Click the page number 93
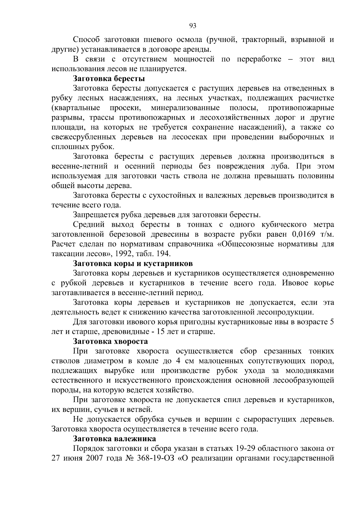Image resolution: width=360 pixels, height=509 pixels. point(193,26)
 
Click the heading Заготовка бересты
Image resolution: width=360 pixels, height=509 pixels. point(109,79)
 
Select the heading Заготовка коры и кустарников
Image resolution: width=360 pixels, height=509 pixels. point(133,264)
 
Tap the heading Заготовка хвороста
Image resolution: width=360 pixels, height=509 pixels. point(110,341)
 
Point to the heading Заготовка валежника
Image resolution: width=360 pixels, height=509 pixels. point(114,439)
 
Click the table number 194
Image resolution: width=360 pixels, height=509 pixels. point(164,254)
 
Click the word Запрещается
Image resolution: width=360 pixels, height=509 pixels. point(95,215)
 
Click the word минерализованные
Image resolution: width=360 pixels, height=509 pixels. point(185,108)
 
